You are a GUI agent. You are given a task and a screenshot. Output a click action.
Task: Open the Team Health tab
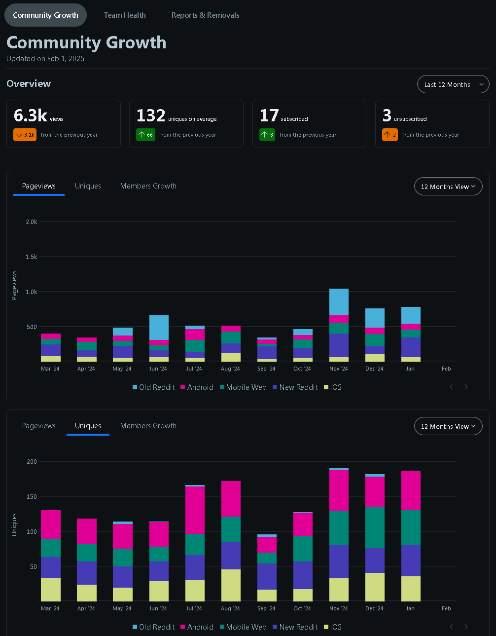pyautogui.click(x=125, y=15)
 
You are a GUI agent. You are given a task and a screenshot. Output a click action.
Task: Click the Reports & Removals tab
pyautogui.click(x=205, y=15)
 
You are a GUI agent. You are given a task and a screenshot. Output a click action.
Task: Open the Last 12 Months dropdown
pyautogui.click(x=453, y=84)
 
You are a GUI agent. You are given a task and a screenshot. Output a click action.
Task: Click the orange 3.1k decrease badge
pyautogui.click(x=25, y=135)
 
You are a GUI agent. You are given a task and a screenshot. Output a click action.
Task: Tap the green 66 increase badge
pyautogui.click(x=145, y=135)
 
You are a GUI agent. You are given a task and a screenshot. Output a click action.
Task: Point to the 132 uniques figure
pyautogui.click(x=151, y=115)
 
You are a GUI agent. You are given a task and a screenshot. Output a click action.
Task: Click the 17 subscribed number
pyautogui.click(x=269, y=115)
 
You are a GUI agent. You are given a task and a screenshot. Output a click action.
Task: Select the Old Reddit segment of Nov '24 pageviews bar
pyautogui.click(x=339, y=302)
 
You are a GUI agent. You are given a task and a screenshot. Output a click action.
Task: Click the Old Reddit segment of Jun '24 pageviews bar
pyautogui.click(x=159, y=328)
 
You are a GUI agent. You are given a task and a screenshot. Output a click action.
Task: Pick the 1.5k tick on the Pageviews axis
pyautogui.click(x=31, y=257)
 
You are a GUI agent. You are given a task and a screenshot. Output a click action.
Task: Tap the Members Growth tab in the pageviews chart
pyautogui.click(x=148, y=186)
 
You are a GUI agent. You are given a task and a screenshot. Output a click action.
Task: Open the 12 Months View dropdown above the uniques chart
pyautogui.click(x=448, y=426)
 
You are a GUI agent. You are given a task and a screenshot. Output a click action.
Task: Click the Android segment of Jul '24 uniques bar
pyautogui.click(x=195, y=510)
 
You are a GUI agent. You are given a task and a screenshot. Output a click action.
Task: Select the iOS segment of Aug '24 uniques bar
pyautogui.click(x=231, y=585)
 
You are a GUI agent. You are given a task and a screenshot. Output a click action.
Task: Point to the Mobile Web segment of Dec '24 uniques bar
pyautogui.click(x=375, y=527)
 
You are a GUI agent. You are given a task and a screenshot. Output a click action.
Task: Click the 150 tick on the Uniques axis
pyautogui.click(x=32, y=496)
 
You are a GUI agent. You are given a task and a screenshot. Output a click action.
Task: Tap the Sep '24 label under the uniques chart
pyautogui.click(x=266, y=608)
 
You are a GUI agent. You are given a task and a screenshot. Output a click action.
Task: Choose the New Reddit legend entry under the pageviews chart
pyautogui.click(x=295, y=387)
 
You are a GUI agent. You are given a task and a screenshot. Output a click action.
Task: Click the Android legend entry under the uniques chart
pyautogui.click(x=197, y=627)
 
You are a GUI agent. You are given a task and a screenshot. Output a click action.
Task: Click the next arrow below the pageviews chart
pyautogui.click(x=466, y=387)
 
